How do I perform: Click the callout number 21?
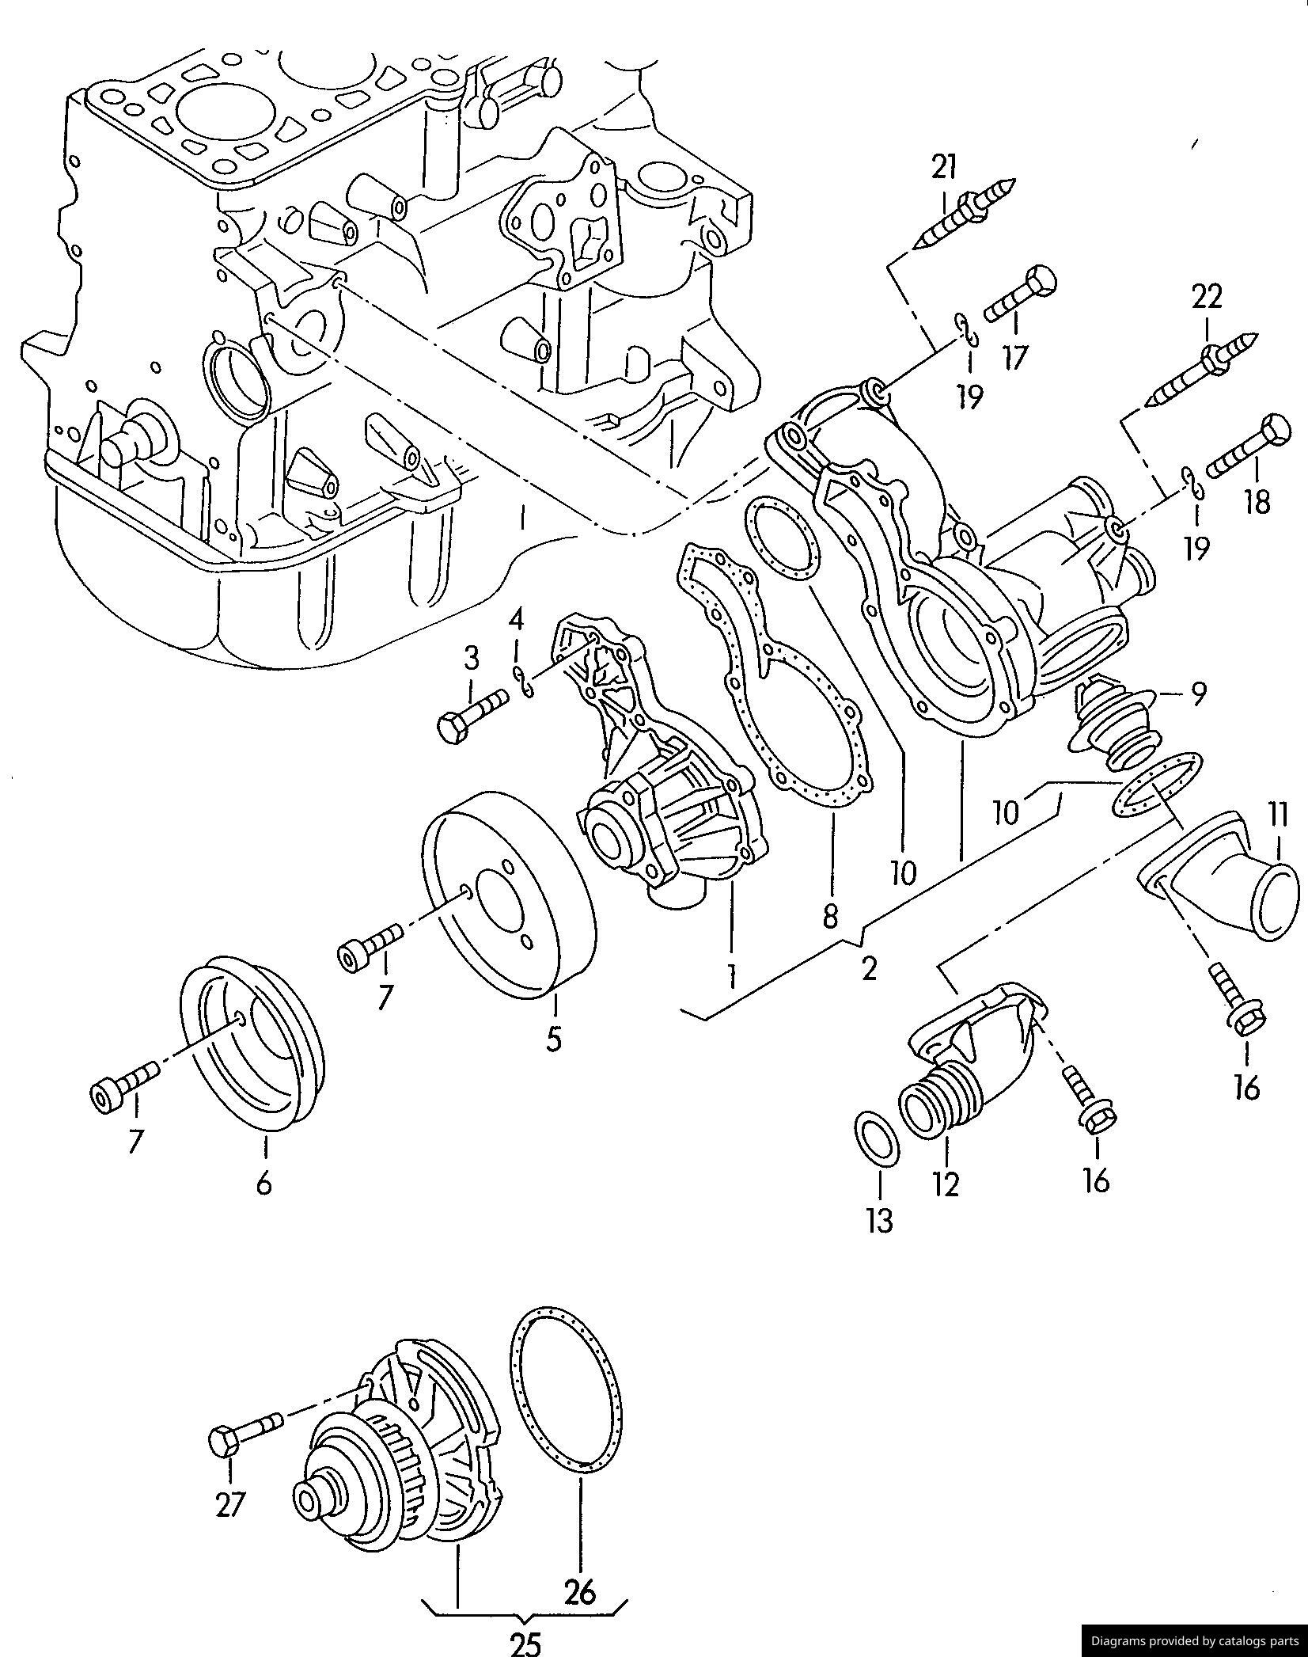pyautogui.click(x=943, y=167)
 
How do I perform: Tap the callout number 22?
pyautogui.click(x=1208, y=297)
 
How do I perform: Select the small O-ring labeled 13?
pyautogui.click(x=877, y=1139)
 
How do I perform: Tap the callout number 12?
pyautogui.click(x=946, y=1206)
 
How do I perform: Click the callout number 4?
pyautogui.click(x=516, y=619)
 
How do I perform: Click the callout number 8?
pyautogui.click(x=829, y=916)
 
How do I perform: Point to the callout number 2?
pyautogui.click(x=869, y=967)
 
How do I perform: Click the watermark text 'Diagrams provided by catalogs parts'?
pyautogui.click(x=1195, y=1641)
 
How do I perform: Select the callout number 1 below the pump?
pyautogui.click(x=733, y=976)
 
